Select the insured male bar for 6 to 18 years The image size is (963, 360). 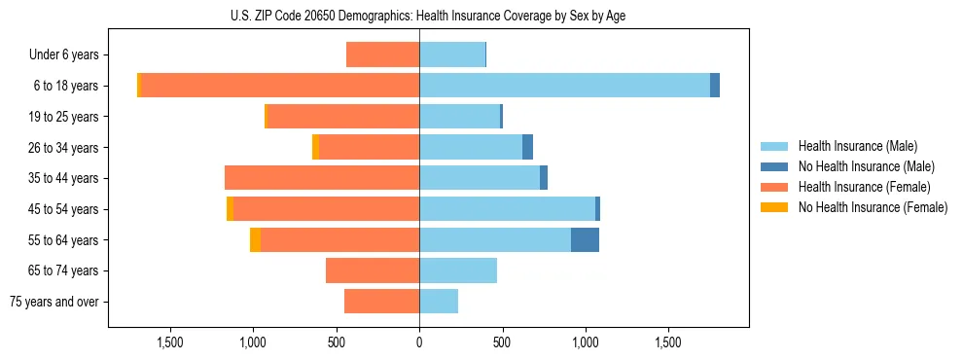pyautogui.click(x=564, y=86)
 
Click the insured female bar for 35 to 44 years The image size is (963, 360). pyautogui.click(x=322, y=178)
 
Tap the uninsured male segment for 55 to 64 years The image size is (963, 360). pyautogui.click(x=585, y=240)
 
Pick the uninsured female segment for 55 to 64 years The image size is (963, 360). pyautogui.click(x=255, y=240)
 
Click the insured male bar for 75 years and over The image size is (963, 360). pyautogui.click(x=439, y=302)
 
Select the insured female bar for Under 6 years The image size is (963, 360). pyautogui.click(x=382, y=55)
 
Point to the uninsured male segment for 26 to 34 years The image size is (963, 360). pyautogui.click(x=527, y=147)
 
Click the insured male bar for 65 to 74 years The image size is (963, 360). pyautogui.click(x=458, y=270)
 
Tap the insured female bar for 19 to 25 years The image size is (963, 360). pyautogui.click(x=343, y=117)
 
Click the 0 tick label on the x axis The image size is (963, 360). pyautogui.click(x=419, y=342)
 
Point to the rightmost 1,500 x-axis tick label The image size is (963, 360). pyautogui.click(x=668, y=342)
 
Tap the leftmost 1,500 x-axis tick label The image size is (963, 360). pyautogui.click(x=170, y=342)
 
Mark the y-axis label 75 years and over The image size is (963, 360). pyautogui.click(x=53, y=302)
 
